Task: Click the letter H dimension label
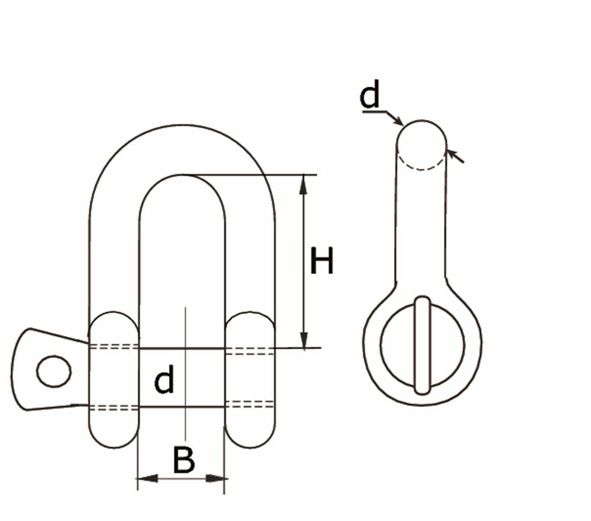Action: click(322, 262)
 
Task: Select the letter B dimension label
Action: click(184, 460)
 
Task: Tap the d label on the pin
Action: click(164, 380)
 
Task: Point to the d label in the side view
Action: click(370, 96)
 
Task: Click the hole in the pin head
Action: click(54, 372)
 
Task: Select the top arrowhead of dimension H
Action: click(304, 184)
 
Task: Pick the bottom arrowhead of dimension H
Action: click(304, 340)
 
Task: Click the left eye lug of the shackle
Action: click(113, 378)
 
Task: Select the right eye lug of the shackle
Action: click(250, 378)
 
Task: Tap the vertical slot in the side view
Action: click(422, 346)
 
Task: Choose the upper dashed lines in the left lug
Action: click(113, 346)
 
